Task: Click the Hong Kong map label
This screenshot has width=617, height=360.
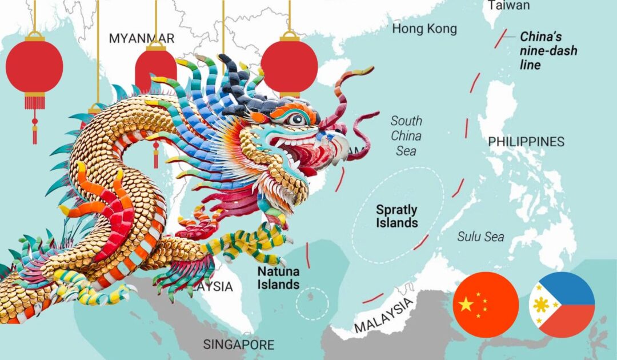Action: [x=424, y=29]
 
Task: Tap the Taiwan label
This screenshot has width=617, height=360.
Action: [x=508, y=6]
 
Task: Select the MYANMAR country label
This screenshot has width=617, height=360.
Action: [x=142, y=38]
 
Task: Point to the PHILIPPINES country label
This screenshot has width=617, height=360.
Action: [x=526, y=142]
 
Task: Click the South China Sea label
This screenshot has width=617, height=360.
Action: [x=406, y=136]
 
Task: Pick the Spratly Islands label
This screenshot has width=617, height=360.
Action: [x=396, y=217]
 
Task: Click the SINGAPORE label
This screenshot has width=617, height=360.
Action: [x=238, y=345]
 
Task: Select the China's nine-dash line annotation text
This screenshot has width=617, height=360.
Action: [x=548, y=51]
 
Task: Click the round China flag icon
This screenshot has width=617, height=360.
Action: [x=486, y=305]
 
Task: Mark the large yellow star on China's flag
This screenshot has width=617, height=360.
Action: [x=467, y=304]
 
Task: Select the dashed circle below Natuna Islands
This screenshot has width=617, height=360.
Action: [x=312, y=303]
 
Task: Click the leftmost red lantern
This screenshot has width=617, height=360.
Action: [x=34, y=67]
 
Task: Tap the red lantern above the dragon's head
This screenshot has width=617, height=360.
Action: [x=289, y=66]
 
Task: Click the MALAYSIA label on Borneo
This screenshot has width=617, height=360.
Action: [x=382, y=315]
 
